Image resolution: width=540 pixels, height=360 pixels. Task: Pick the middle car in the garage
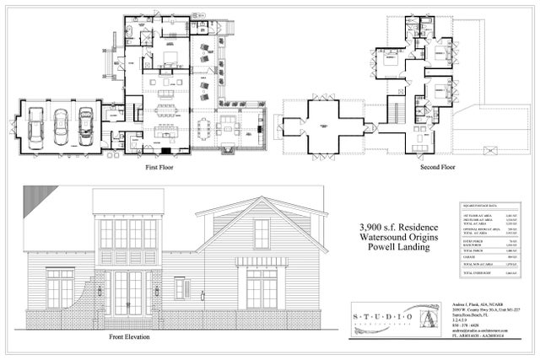click(61, 128)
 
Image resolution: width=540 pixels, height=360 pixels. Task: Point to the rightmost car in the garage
click(86, 128)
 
